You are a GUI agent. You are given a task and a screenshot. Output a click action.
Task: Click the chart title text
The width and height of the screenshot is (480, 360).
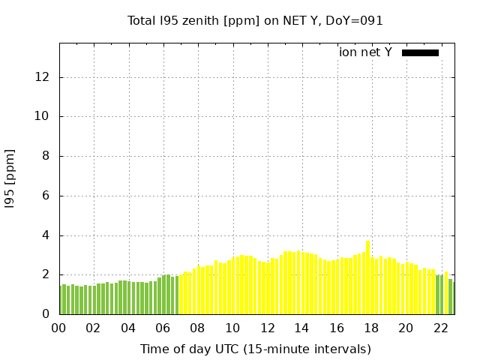[255, 20]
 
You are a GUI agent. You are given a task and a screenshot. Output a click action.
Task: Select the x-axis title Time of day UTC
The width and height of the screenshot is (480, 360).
[255, 349]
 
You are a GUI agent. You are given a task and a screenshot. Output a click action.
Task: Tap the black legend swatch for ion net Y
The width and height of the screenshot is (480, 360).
[420, 52]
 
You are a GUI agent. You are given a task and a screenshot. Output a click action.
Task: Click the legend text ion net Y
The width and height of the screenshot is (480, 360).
[365, 52]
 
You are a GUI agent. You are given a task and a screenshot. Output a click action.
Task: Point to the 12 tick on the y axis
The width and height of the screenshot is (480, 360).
[43, 77]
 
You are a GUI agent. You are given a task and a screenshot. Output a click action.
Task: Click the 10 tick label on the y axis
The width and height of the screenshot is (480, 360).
[43, 117]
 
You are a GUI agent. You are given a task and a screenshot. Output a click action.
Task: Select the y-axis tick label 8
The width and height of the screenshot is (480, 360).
[46, 157]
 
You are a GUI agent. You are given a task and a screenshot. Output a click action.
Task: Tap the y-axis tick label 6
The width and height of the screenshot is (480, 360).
[46, 196]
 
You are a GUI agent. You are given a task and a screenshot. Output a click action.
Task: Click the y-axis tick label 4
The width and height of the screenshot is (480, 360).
[46, 235]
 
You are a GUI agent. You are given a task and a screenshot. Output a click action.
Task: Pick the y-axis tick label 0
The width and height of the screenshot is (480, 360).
[46, 314]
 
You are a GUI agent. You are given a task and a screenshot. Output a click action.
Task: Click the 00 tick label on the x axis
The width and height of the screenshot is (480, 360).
[58, 328]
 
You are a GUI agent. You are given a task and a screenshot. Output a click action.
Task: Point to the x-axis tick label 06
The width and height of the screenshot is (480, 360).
[163, 328]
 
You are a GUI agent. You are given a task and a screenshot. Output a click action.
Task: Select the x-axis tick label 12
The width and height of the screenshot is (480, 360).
[267, 328]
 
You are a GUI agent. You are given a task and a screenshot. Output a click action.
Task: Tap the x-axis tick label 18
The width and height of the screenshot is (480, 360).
[370, 328]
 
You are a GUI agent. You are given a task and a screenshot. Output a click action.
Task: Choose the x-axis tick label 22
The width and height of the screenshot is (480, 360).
[440, 328]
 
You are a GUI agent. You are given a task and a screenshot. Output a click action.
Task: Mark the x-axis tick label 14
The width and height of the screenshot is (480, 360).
[301, 328]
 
